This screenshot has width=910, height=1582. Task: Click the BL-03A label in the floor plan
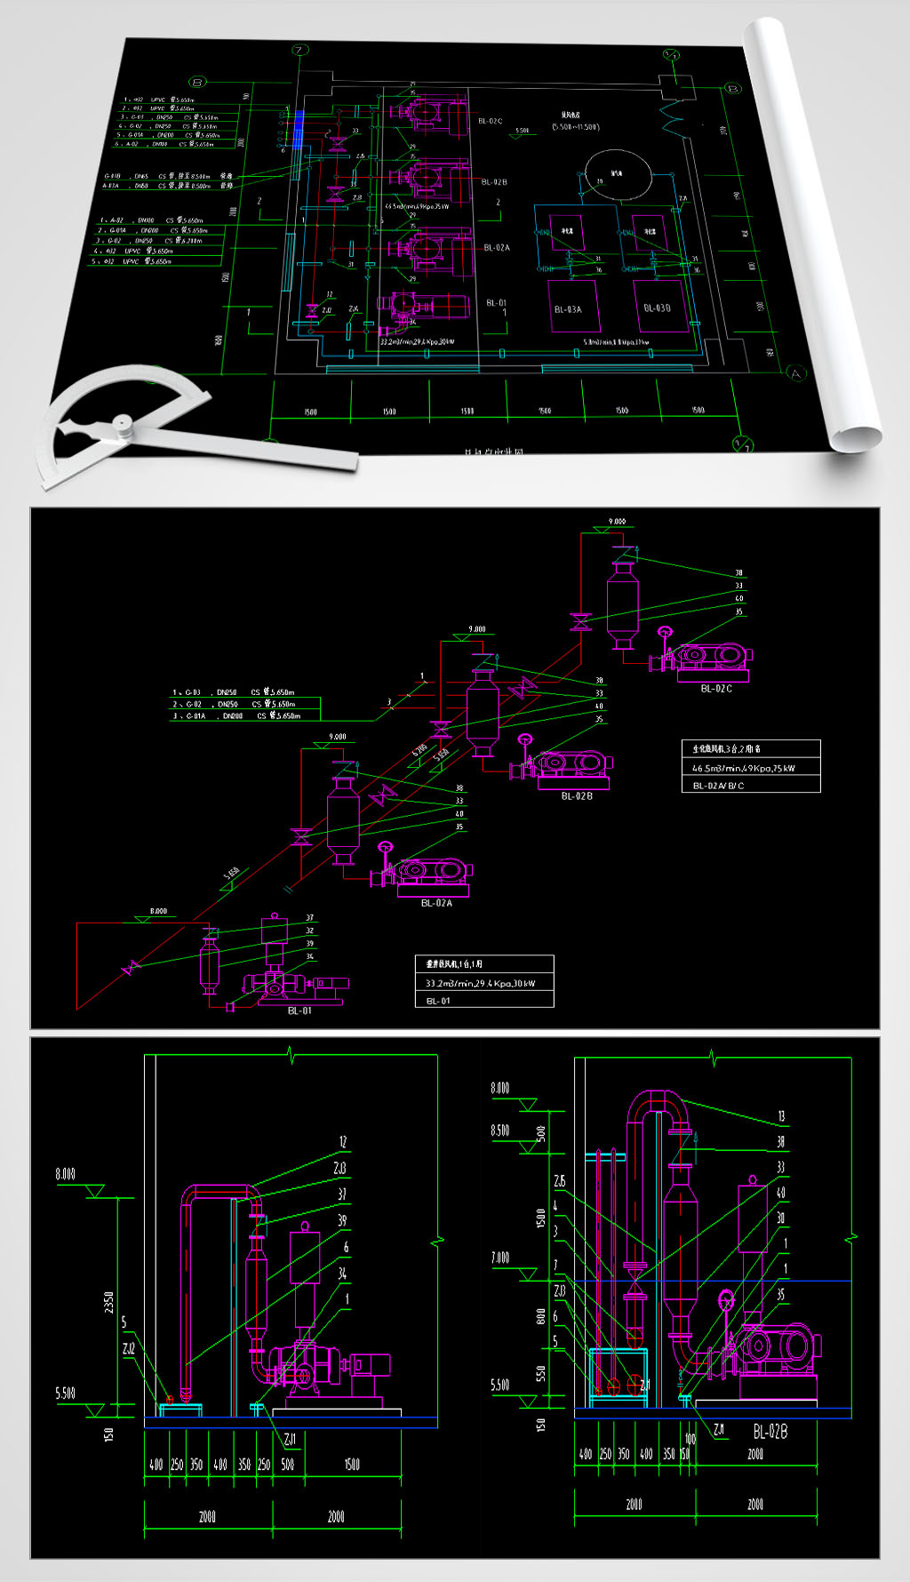click(568, 309)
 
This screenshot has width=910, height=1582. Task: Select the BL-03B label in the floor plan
click(657, 308)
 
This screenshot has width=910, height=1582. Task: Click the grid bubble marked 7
click(299, 50)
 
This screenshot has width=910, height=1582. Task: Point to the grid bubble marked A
click(795, 373)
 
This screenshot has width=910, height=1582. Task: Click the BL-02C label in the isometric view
click(716, 689)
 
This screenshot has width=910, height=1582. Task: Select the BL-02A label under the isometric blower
click(436, 903)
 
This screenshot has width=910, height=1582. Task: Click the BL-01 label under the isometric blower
click(299, 1011)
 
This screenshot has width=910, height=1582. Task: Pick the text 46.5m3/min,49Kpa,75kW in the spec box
click(744, 768)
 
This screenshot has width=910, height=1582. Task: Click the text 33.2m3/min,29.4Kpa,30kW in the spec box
click(480, 983)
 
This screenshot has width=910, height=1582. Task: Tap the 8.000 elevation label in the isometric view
click(157, 911)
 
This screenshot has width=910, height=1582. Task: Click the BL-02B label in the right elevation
click(770, 1432)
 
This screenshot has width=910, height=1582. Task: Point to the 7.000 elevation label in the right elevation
click(500, 1258)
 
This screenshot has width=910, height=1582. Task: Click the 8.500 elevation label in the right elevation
click(500, 1131)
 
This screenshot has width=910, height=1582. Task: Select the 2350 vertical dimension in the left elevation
click(109, 1303)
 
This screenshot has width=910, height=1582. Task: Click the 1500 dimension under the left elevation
click(352, 1465)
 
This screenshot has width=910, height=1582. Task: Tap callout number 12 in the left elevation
click(343, 1142)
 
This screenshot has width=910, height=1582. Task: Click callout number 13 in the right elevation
click(781, 1116)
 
